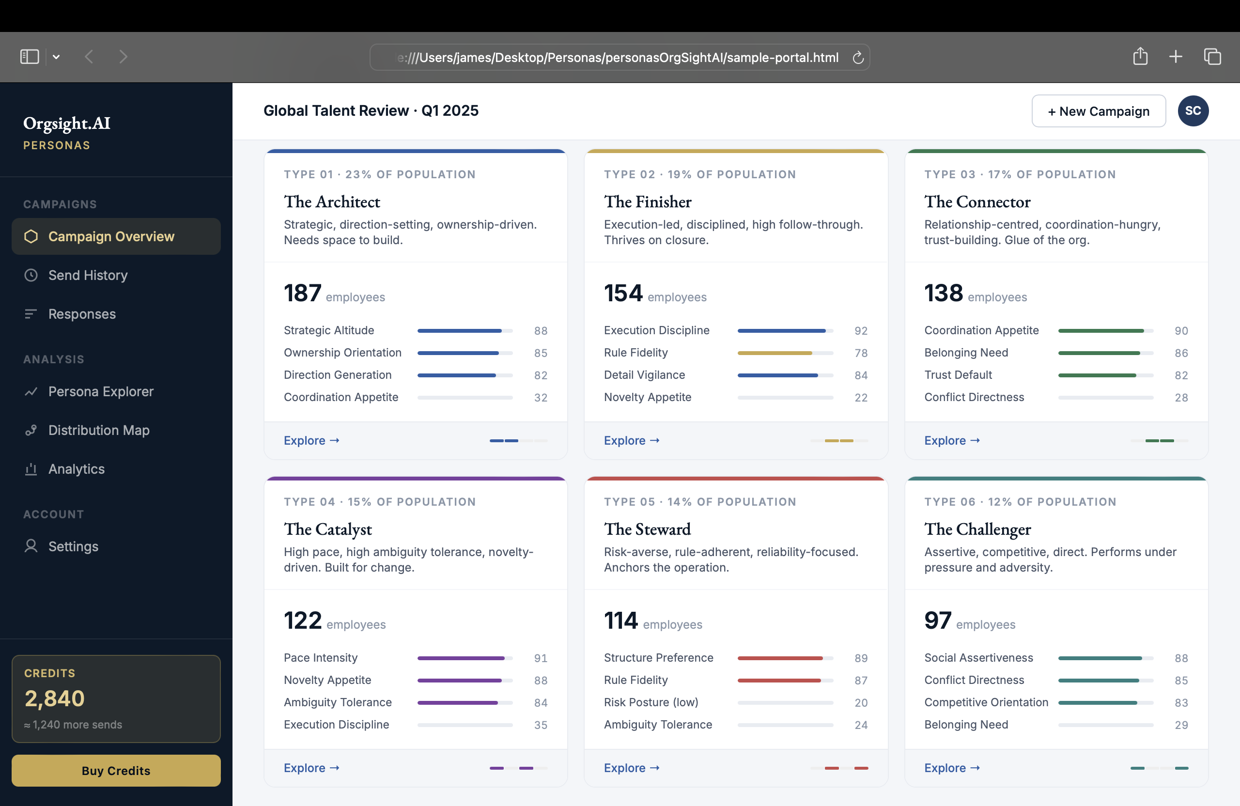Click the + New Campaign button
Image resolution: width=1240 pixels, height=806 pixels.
pyautogui.click(x=1098, y=111)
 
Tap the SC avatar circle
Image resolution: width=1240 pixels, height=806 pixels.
pyautogui.click(x=1193, y=111)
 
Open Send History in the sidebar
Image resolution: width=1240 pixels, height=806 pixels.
pyautogui.click(x=88, y=275)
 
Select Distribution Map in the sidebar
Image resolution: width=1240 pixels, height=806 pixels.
pyautogui.click(x=98, y=430)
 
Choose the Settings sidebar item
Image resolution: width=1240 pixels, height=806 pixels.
pyautogui.click(x=73, y=546)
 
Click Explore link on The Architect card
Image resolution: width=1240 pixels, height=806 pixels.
pyautogui.click(x=311, y=440)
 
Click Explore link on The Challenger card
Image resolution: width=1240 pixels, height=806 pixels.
pyautogui.click(x=951, y=767)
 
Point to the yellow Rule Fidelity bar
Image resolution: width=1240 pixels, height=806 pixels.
pyautogui.click(x=774, y=353)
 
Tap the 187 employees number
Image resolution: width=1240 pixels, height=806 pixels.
pyautogui.click(x=302, y=293)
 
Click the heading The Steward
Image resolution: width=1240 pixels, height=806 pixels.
pyautogui.click(x=647, y=529)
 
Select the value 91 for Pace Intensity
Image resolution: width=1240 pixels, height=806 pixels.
pyautogui.click(x=540, y=658)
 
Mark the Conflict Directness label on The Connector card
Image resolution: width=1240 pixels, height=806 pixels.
pyautogui.click(x=974, y=397)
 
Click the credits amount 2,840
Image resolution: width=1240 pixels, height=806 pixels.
pyautogui.click(x=55, y=698)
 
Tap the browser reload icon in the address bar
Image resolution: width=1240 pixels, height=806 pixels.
pyautogui.click(x=857, y=57)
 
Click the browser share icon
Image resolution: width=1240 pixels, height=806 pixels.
pyautogui.click(x=1140, y=56)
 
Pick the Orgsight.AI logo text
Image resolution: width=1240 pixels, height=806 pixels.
pyautogui.click(x=67, y=124)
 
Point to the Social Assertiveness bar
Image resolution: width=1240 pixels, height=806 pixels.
pyautogui.click(x=1100, y=658)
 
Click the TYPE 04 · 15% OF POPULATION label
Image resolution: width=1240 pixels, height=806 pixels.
pyautogui.click(x=379, y=502)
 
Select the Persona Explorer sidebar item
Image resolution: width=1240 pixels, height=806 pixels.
pyautogui.click(x=101, y=391)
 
